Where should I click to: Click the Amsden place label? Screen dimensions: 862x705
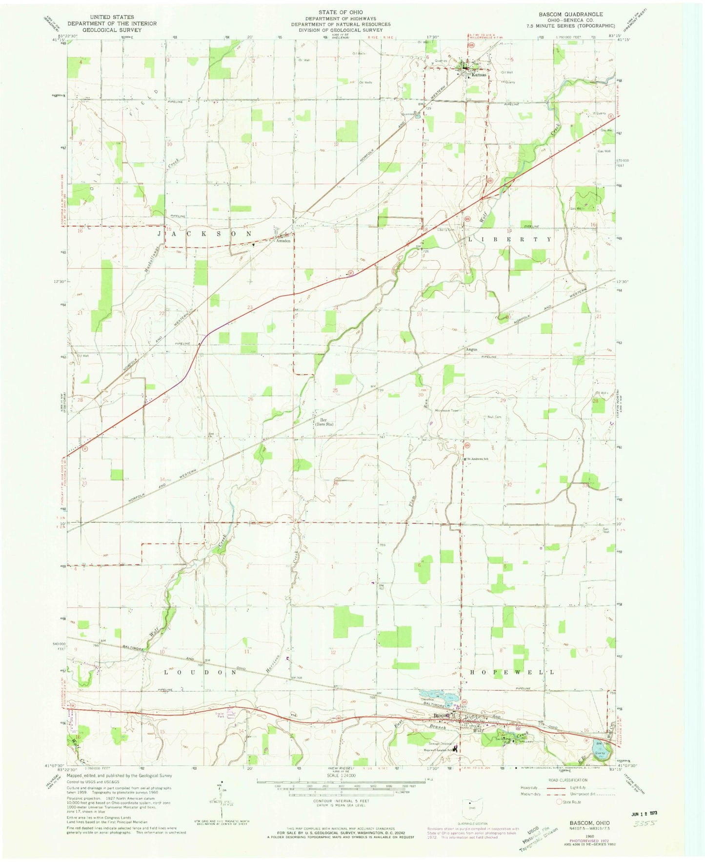pos(283,241)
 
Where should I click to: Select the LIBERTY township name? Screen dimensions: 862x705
pos(510,240)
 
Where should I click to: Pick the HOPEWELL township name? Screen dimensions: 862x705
pos(512,672)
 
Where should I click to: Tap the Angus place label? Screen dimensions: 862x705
pos(470,350)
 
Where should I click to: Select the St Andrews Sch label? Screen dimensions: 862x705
pos(477,458)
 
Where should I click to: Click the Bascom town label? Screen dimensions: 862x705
pos(443,716)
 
